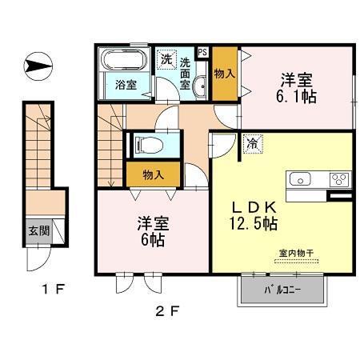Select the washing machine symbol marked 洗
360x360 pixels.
tap(166, 59)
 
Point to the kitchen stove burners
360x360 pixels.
tap(337, 178)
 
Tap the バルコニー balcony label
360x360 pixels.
tap(282, 290)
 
